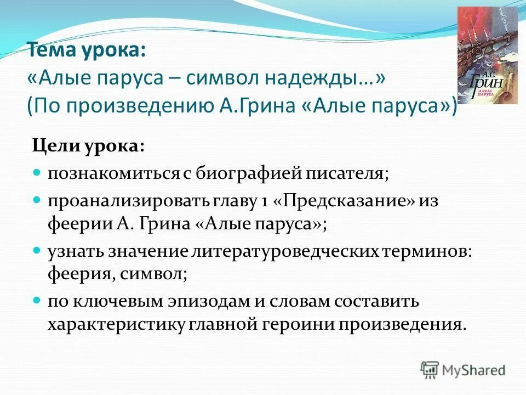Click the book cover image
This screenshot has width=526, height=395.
click(487, 55)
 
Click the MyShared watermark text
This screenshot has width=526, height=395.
click(474, 370)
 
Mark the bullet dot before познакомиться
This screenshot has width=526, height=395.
click(37, 173)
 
